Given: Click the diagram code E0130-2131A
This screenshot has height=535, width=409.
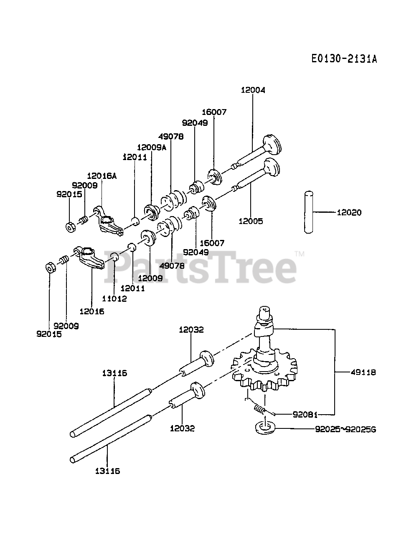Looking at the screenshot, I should click(x=344, y=59).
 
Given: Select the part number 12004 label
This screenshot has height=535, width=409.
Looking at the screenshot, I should click(x=253, y=89).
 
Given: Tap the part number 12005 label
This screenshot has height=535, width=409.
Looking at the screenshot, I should click(x=251, y=221).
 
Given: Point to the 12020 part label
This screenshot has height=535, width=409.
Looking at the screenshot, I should click(x=349, y=212).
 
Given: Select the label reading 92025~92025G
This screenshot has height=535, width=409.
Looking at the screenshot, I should click(x=346, y=428).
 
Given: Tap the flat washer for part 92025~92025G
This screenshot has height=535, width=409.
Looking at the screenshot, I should click(x=263, y=428).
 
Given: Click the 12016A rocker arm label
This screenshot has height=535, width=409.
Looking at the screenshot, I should click(x=102, y=176).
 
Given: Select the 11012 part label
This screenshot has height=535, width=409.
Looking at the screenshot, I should click(x=114, y=298).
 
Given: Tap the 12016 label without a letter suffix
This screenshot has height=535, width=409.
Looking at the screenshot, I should click(x=91, y=311).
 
